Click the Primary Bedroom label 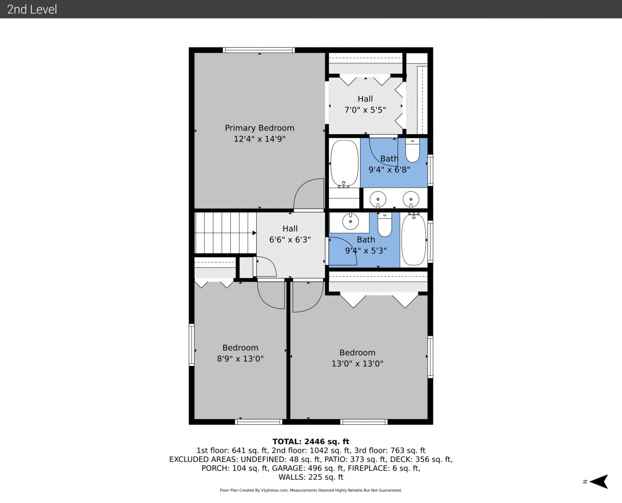(x=260, y=128)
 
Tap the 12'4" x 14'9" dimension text (x=260, y=139)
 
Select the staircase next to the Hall (x=226, y=233)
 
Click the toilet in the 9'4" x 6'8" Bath (x=412, y=150)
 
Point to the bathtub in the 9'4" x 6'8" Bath (x=344, y=163)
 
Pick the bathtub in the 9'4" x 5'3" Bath (x=413, y=239)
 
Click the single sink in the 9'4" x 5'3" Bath (x=350, y=221)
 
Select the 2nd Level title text (x=32, y=9)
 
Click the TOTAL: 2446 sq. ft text (x=311, y=442)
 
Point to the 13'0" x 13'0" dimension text (x=357, y=364)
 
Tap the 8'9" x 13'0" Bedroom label (x=240, y=353)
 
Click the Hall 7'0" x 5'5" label (x=365, y=104)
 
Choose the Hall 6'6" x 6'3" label (x=290, y=234)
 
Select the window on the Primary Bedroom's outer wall (x=259, y=50)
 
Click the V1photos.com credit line (x=311, y=490)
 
